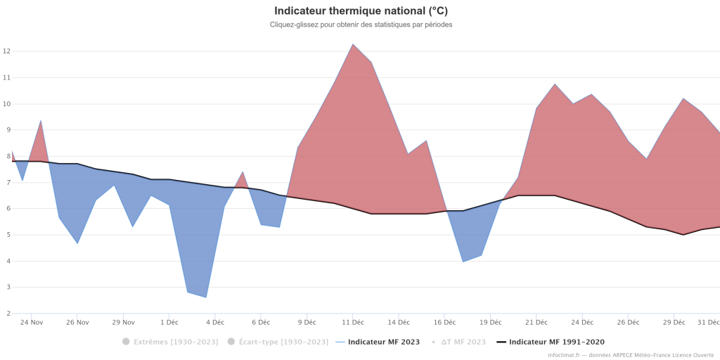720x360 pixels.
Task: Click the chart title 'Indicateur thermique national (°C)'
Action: (x=361, y=11)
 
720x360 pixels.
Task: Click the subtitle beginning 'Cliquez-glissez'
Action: (x=361, y=25)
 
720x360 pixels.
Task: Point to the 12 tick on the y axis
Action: (x=6, y=51)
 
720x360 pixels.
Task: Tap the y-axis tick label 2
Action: (x=6, y=314)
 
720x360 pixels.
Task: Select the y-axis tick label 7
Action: (x=6, y=183)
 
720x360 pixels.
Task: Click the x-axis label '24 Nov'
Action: (x=32, y=322)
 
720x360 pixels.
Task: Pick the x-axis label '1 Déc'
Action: (x=169, y=322)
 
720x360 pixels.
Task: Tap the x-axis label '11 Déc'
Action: (x=353, y=322)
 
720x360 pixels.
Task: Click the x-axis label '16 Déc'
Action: (x=444, y=322)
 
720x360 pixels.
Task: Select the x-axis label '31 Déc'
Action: (x=708, y=322)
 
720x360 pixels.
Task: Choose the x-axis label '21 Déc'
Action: (x=536, y=322)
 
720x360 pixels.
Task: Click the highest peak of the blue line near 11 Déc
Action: (x=353, y=44)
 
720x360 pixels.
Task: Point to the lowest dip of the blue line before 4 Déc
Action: (x=206, y=297)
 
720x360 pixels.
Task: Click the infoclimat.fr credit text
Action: (x=631, y=355)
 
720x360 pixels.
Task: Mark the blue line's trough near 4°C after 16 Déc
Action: (x=463, y=262)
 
